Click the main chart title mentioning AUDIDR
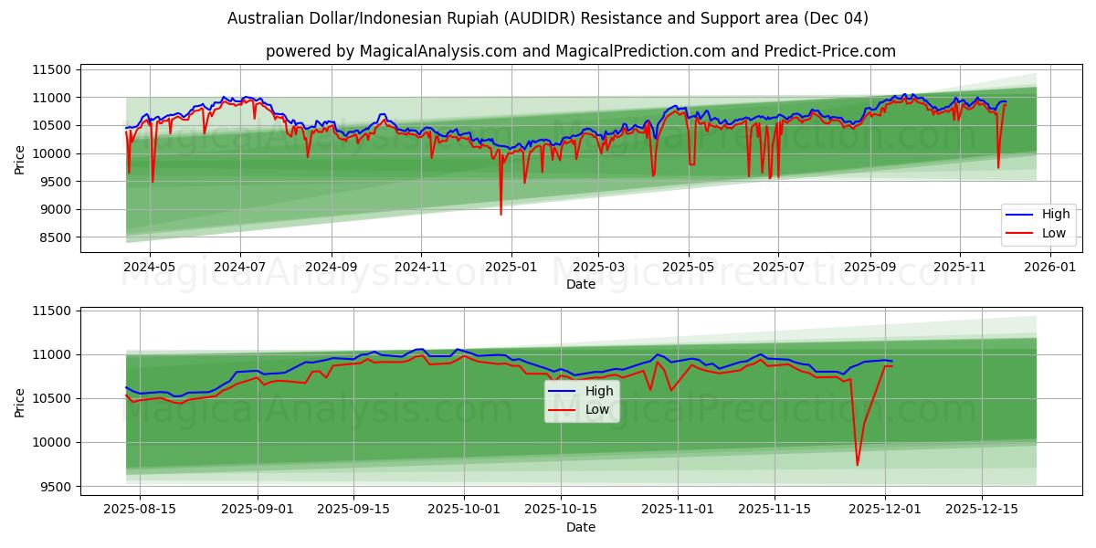pos(548,18)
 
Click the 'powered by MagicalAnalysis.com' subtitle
pos(580,51)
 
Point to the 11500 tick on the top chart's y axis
pos(51,69)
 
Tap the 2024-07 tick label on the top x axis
pos(240,268)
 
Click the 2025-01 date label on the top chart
pos(510,268)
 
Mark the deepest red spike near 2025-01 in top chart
pos(501,214)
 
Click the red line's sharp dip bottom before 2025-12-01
pos(857,465)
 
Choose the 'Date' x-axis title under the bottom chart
pos(580,527)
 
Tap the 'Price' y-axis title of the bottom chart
pos(20,401)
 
